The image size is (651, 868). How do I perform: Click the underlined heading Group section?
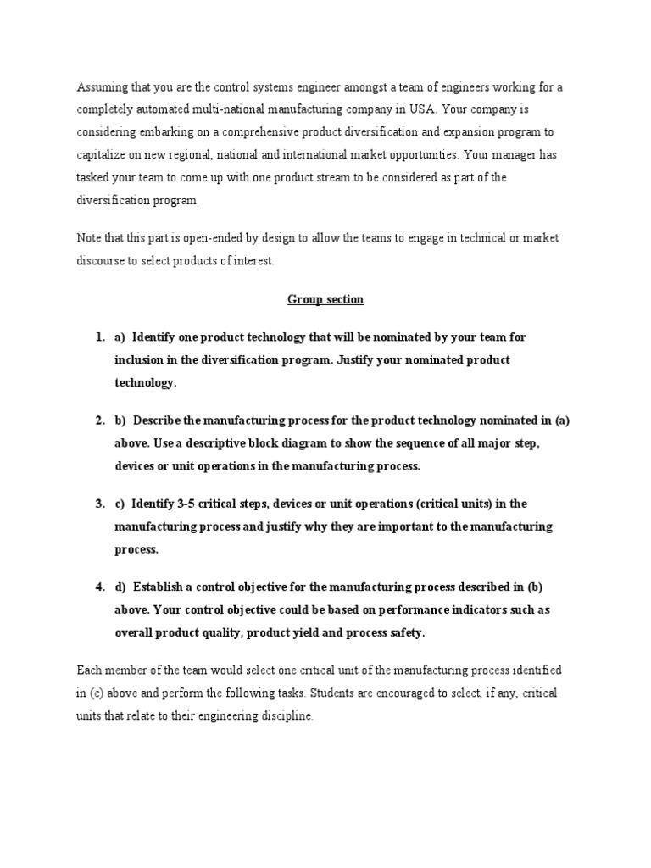(x=325, y=299)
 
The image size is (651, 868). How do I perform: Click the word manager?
(x=535, y=156)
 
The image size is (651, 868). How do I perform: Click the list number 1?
(x=99, y=337)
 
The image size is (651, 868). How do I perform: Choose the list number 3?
(x=99, y=504)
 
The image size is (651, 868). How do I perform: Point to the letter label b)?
(x=120, y=420)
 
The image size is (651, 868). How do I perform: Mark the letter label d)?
(x=120, y=587)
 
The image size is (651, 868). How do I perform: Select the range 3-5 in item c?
(x=189, y=504)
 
